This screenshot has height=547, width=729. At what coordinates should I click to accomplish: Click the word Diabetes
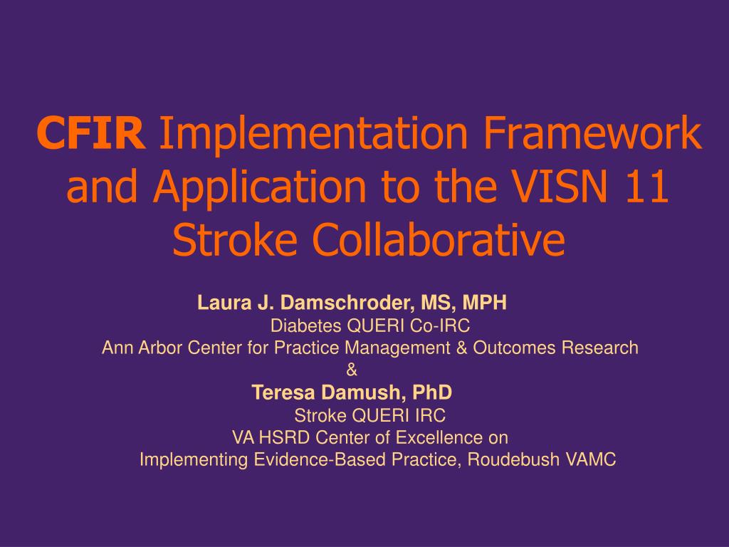click(306, 325)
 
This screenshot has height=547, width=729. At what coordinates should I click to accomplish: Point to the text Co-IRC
click(439, 325)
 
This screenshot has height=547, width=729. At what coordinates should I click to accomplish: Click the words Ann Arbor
click(142, 348)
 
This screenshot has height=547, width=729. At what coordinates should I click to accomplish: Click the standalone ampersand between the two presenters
click(352, 370)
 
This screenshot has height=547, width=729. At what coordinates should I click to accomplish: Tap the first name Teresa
click(283, 392)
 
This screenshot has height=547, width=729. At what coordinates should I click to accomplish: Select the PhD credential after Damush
click(432, 392)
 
